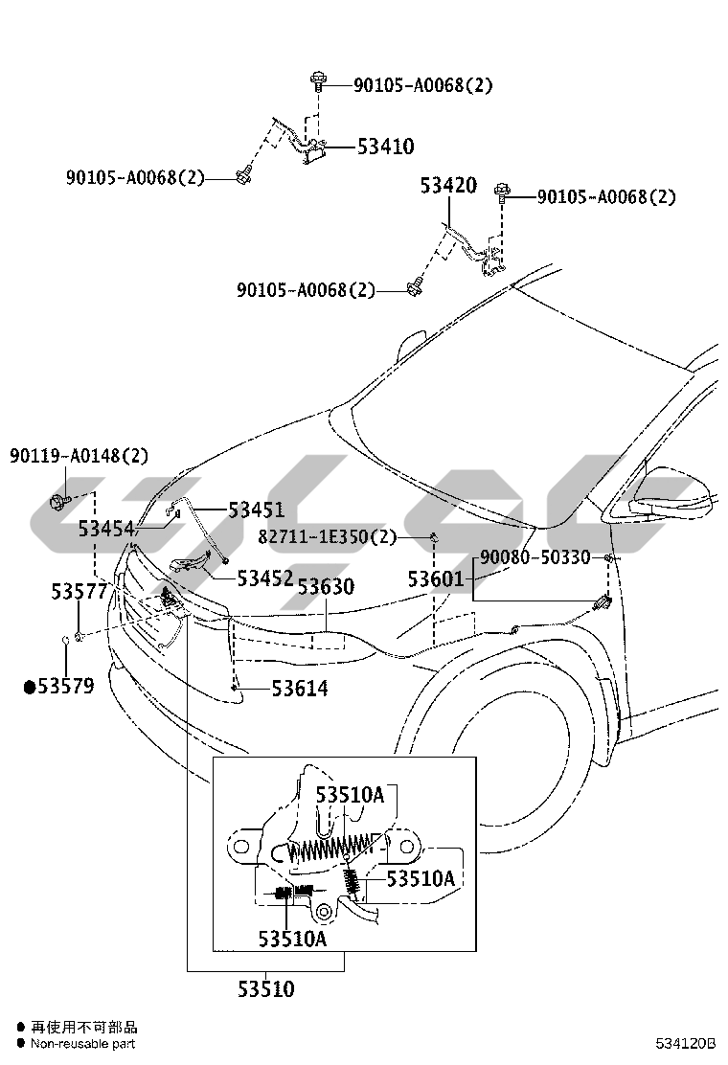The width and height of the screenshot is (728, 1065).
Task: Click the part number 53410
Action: tap(386, 146)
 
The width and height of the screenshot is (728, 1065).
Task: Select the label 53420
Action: tap(448, 185)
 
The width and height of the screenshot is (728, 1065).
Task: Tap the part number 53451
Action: tap(256, 510)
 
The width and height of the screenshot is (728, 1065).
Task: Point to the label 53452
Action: tap(264, 578)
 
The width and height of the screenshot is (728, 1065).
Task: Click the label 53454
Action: tap(106, 529)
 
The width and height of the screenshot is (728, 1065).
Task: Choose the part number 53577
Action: tap(80, 592)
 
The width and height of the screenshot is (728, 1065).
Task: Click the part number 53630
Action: tap(326, 586)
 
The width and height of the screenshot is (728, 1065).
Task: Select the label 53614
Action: tap(300, 689)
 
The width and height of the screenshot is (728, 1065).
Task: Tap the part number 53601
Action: tap(436, 579)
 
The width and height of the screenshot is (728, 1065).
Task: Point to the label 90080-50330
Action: tap(535, 557)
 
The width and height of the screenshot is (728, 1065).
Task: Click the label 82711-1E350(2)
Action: tap(328, 537)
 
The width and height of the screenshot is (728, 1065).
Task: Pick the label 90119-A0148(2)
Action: tap(79, 455)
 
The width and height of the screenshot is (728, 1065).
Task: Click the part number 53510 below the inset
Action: tap(266, 989)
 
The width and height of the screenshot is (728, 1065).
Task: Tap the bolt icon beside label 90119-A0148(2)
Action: tap(59, 503)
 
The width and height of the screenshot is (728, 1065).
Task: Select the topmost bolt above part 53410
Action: tap(317, 81)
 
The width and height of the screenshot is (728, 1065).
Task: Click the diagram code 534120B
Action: tap(686, 1043)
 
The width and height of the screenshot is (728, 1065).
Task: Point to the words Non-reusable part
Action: tap(82, 1044)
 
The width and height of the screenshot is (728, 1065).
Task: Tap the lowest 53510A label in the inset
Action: tap(292, 939)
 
